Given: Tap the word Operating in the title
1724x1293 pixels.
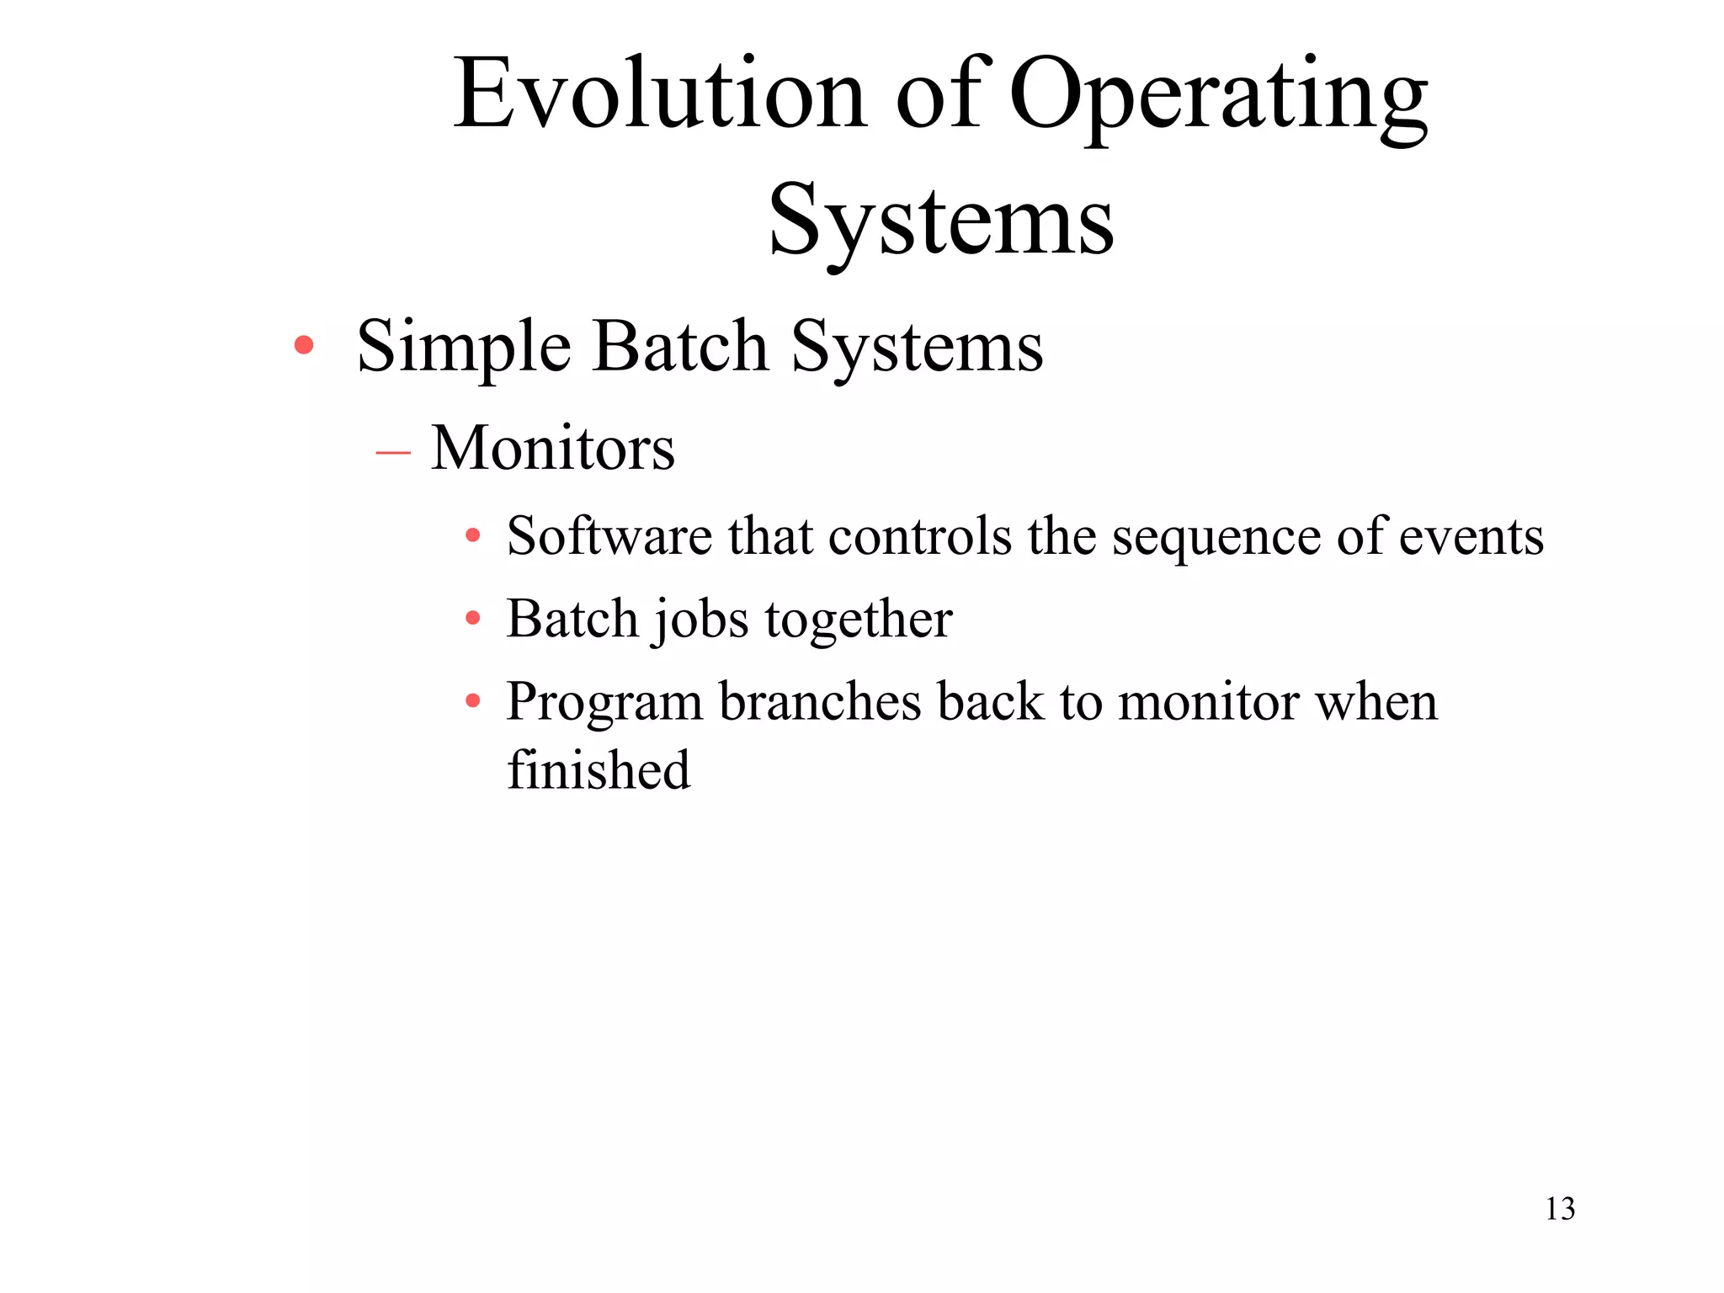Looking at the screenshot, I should (x=1217, y=97).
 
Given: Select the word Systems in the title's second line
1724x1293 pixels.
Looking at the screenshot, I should (x=941, y=221).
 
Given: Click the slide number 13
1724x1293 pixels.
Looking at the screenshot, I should (x=1560, y=1209).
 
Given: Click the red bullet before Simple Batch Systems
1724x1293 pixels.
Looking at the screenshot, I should (x=304, y=344).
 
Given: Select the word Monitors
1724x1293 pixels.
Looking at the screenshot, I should (x=552, y=448).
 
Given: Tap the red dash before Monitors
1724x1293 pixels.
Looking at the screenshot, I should (x=393, y=452).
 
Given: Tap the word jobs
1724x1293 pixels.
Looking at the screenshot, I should (x=700, y=621).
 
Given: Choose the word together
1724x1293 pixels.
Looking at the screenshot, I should (x=858, y=621).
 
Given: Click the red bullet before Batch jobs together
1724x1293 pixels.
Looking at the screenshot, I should (x=473, y=619).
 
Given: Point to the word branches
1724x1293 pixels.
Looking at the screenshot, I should (x=819, y=702).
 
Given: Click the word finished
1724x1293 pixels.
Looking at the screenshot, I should (x=599, y=769).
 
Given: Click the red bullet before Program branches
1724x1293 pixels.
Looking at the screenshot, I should (x=473, y=700).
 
